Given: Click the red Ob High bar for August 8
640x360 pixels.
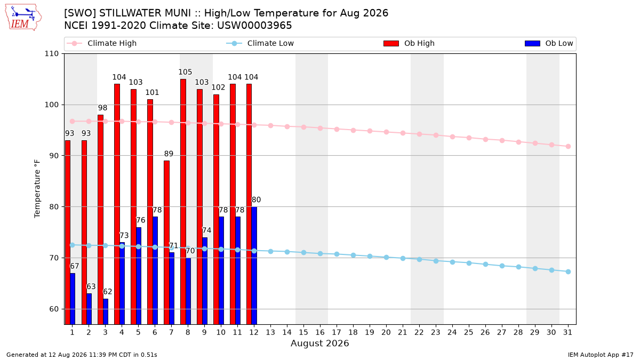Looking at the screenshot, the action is [x=183, y=202].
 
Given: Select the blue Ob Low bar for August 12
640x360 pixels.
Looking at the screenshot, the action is [x=254, y=266].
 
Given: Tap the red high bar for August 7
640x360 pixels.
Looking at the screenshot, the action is [x=166, y=243].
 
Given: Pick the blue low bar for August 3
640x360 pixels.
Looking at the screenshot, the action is [x=106, y=311].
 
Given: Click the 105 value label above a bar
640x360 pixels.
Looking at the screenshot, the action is [x=185, y=72].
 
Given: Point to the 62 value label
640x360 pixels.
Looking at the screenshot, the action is [x=107, y=292].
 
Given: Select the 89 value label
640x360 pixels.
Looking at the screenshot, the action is [x=169, y=154].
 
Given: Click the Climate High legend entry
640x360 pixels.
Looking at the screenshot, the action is [x=101, y=43].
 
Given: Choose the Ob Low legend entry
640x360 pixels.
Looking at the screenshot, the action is [x=549, y=43].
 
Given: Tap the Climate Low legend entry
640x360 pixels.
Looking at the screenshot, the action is [x=260, y=43].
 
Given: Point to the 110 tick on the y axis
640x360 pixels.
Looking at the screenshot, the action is [x=51, y=54].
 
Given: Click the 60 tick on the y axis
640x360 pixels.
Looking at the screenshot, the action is [x=54, y=309].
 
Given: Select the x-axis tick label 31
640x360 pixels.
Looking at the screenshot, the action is [x=567, y=333].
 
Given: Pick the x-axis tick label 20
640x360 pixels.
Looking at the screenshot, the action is [x=386, y=333].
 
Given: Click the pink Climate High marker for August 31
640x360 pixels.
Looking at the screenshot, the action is [x=569, y=146].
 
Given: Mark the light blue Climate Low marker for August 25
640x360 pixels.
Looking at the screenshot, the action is [x=469, y=263].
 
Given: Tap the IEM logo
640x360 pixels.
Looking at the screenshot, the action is [x=23, y=18].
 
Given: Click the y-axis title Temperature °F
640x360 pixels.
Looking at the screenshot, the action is [x=37, y=189].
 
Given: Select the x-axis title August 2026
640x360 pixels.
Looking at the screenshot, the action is [x=319, y=343].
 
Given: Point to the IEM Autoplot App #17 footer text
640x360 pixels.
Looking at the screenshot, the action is [x=601, y=355].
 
